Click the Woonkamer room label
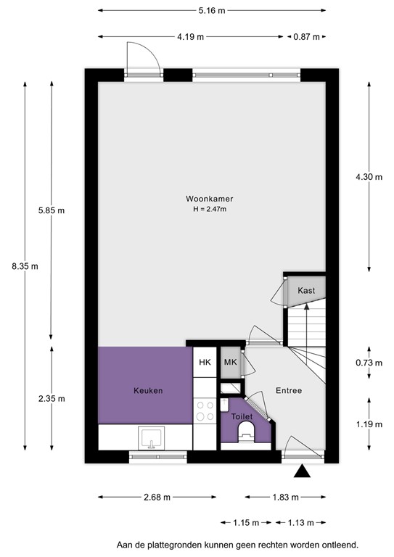(208, 199)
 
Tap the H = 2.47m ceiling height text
(208, 210)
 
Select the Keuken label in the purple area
(147, 390)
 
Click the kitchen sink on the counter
(152, 437)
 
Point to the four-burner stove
(205, 411)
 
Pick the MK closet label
(230, 363)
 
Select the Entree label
(288, 390)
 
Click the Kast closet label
(306, 290)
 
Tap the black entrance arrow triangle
(303, 473)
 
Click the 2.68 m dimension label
(155, 498)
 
